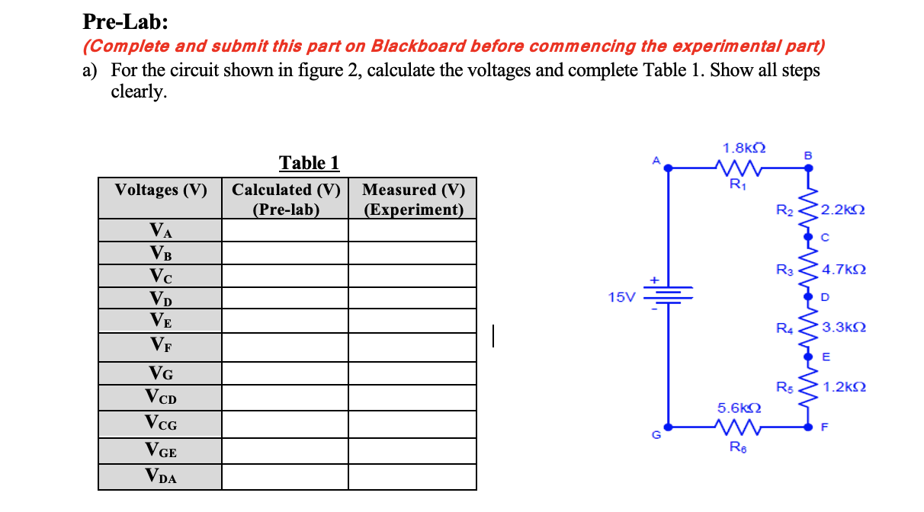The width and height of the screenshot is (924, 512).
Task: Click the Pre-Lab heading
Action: pyautogui.click(x=126, y=21)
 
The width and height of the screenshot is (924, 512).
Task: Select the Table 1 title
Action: pyautogui.click(x=309, y=163)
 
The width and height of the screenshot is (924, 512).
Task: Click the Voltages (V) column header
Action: pyautogui.click(x=161, y=190)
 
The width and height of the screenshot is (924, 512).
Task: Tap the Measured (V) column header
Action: pyautogui.click(x=413, y=199)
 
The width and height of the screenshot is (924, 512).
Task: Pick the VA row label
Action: pyautogui.click(x=161, y=230)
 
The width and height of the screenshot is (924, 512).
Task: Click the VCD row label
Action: pyautogui.click(x=161, y=397)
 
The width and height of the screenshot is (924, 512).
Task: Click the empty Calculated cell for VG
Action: pyautogui.click(x=285, y=373)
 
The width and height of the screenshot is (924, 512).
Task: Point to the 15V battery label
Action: pyautogui.click(x=621, y=297)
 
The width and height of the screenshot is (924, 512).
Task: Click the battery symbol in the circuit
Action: pyautogui.click(x=669, y=293)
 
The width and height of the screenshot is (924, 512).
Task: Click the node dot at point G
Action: pyautogui.click(x=669, y=427)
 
